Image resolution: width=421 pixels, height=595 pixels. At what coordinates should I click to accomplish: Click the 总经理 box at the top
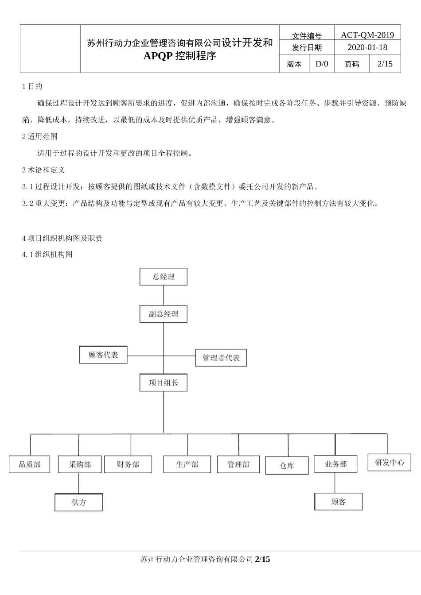click(163, 277)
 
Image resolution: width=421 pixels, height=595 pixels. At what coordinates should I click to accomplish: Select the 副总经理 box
click(163, 314)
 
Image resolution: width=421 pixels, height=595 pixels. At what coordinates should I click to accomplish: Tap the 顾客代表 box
click(103, 355)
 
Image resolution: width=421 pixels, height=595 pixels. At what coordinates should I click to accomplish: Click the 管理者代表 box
click(221, 358)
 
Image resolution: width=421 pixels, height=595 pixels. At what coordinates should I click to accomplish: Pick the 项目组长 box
click(163, 382)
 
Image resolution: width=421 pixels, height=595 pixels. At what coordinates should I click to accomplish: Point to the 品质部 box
click(30, 464)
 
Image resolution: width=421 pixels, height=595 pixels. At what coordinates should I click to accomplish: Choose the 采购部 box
click(80, 464)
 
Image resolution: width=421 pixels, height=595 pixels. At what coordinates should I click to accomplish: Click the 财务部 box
click(128, 464)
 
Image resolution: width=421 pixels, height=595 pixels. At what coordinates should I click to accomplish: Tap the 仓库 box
click(287, 466)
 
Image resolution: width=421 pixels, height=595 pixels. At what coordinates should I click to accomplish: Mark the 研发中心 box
click(389, 463)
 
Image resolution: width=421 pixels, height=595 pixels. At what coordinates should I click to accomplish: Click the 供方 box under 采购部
click(78, 502)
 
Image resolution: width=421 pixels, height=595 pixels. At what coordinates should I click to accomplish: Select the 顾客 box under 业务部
click(338, 502)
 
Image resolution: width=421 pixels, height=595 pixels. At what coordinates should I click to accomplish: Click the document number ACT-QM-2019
click(367, 35)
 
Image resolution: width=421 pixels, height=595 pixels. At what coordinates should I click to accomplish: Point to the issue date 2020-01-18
click(367, 47)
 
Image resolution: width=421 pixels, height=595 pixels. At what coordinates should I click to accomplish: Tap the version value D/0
click(322, 64)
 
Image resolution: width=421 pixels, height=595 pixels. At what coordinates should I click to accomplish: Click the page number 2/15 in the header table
click(385, 64)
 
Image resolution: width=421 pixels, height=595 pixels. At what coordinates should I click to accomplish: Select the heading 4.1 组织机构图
click(47, 255)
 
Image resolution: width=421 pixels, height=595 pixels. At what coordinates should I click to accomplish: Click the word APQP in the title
click(158, 56)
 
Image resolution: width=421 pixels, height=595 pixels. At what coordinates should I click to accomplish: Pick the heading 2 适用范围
click(40, 136)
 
